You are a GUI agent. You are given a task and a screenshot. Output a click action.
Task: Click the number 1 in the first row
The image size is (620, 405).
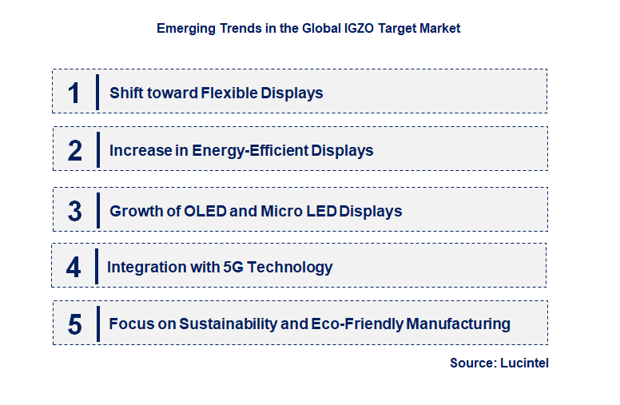click(x=74, y=93)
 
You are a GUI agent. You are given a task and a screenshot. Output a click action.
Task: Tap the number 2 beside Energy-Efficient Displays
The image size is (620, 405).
click(x=75, y=150)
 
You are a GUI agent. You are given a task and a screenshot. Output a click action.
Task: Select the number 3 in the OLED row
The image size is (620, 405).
click(x=75, y=211)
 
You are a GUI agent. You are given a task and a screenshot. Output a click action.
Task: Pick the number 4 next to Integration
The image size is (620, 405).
click(x=74, y=267)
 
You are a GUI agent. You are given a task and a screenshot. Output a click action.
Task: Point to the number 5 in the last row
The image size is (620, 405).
click(x=75, y=324)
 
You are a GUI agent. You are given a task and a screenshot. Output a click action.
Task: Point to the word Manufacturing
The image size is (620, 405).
click(x=459, y=324)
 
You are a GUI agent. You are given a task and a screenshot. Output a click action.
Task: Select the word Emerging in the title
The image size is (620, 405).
click(x=185, y=28)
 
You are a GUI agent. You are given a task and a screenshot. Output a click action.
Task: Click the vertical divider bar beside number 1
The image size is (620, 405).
click(x=97, y=92)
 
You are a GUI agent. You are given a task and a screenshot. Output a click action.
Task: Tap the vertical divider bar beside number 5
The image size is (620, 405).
click(x=97, y=324)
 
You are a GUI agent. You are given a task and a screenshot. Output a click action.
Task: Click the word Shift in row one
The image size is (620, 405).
click(x=126, y=93)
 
